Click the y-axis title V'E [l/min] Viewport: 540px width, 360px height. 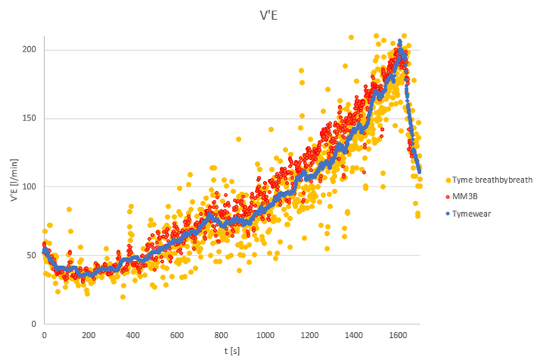tap(13, 186)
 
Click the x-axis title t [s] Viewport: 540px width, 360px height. tap(233, 350)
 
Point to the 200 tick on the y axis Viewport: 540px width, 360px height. tap(30, 50)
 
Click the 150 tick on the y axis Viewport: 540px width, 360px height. tap(30, 118)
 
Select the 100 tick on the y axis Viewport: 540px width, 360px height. tap(30, 186)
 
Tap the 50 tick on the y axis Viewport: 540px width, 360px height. tap(32, 255)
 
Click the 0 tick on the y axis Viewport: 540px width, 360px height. tap(34, 324)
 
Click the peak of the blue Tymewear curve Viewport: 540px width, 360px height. tap(400, 41)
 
